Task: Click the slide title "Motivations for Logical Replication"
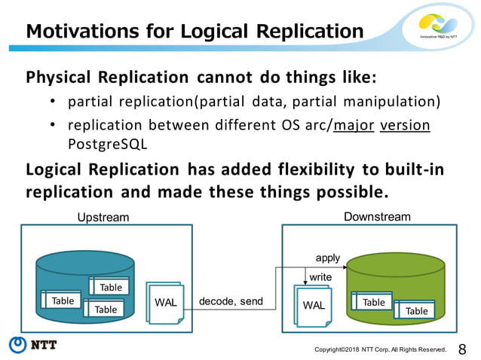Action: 195,32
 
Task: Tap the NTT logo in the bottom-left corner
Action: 33,345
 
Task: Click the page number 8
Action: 462,348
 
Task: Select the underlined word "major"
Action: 354,124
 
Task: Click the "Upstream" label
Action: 104,218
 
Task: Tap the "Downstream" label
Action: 377,217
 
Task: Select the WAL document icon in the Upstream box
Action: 166,303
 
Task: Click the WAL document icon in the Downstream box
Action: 314,306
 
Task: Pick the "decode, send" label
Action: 231,302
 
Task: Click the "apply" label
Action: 327,258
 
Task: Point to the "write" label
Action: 320,277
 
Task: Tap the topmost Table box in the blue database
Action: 110,287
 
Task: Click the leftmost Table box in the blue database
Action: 63,301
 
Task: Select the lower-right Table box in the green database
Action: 415,310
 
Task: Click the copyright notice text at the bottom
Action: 380,349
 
